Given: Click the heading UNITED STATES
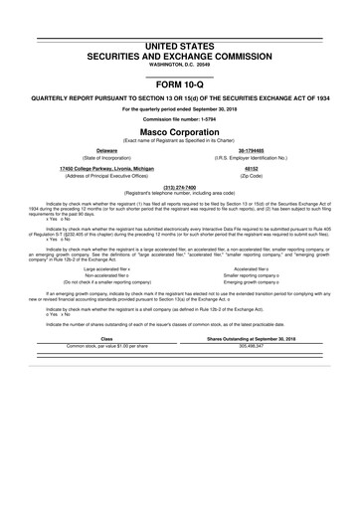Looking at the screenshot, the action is (180, 47).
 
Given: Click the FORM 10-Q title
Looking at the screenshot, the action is (180, 86).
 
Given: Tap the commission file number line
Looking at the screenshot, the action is (180, 122).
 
